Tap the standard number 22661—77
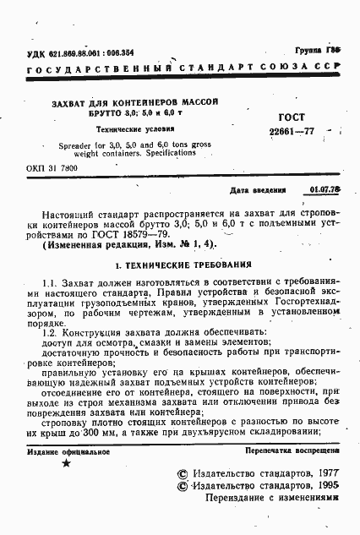click(291, 131)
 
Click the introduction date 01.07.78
click(325, 191)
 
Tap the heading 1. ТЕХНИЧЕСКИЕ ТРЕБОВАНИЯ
click(181, 264)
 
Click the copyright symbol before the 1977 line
click(180, 475)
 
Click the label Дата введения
click(257, 192)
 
